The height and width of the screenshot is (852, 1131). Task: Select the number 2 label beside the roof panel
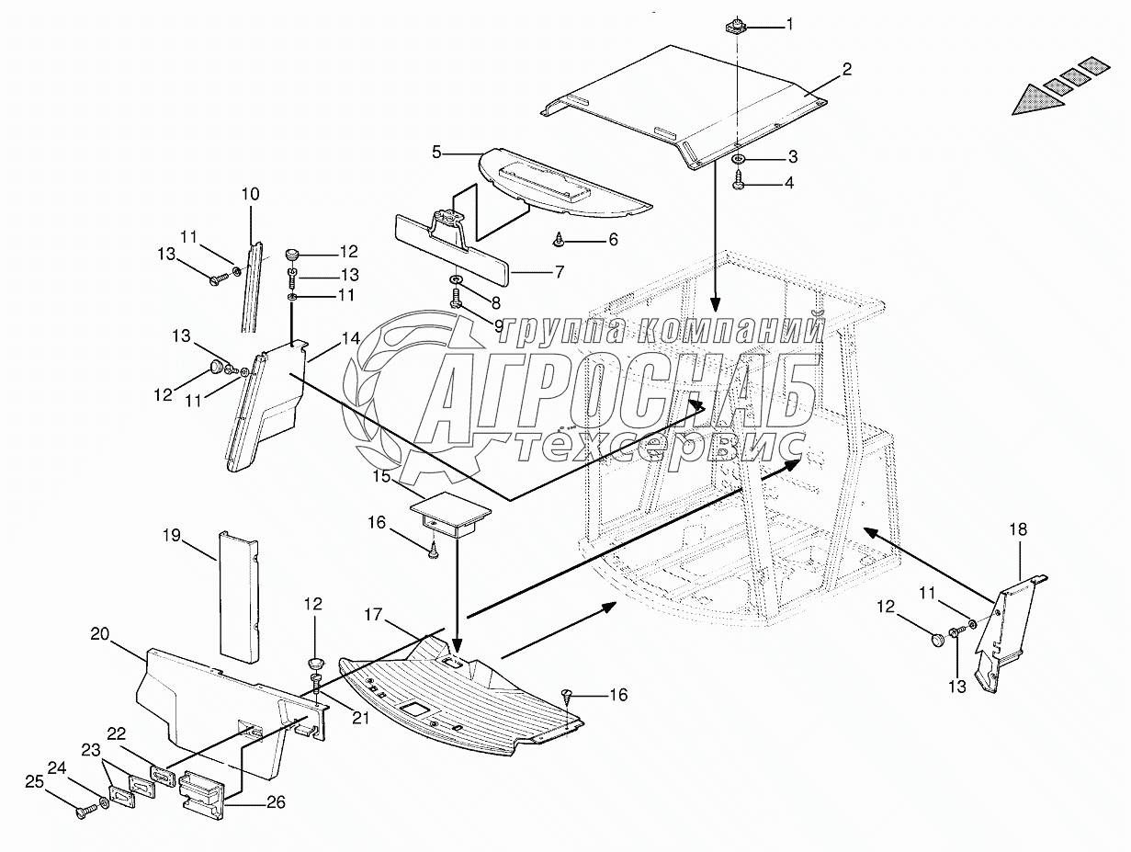[x=846, y=69]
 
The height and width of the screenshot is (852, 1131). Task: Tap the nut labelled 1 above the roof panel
[x=736, y=25]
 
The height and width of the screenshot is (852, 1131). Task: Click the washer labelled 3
[x=741, y=160]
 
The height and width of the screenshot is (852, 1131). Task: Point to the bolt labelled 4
[x=740, y=183]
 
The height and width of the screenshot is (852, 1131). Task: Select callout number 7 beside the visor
[x=558, y=272]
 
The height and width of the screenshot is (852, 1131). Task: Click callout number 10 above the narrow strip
[x=251, y=194]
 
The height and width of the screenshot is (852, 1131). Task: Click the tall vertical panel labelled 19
[x=239, y=595]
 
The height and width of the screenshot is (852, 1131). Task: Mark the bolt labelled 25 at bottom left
[x=84, y=812]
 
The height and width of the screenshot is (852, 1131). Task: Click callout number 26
[x=276, y=801]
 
